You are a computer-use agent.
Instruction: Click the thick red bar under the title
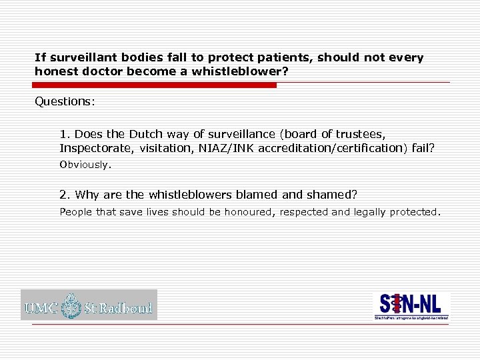pyautogui.click(x=155, y=85)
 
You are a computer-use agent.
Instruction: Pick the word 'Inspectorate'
pyautogui.click(x=97, y=148)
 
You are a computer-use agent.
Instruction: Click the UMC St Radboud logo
pyautogui.click(x=89, y=305)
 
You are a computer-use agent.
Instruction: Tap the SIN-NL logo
pyautogui.click(x=411, y=306)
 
